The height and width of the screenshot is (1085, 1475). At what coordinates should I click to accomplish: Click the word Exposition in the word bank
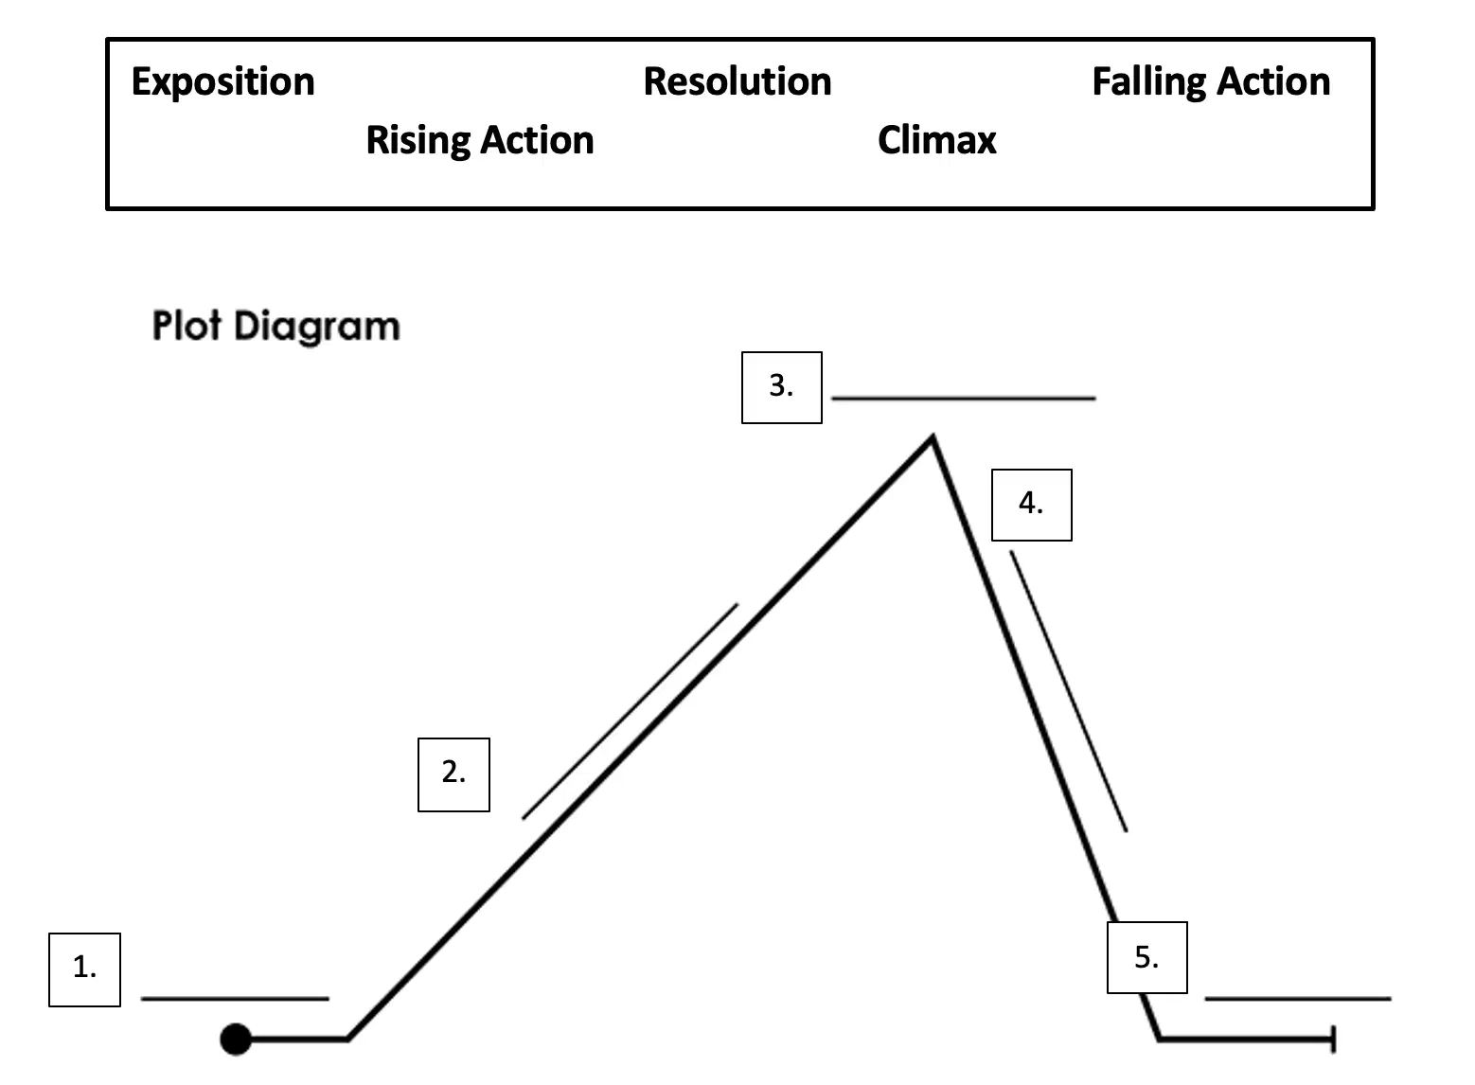point(222,82)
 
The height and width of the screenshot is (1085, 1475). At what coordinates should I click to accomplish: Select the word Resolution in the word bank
point(737,81)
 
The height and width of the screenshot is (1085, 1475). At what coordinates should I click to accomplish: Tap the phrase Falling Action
point(1210,82)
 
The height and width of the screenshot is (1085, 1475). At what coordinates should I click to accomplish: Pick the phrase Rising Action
point(479,141)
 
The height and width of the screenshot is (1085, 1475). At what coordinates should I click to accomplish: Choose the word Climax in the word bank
point(936,140)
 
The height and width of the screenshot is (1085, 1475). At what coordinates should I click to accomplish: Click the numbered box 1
point(84,969)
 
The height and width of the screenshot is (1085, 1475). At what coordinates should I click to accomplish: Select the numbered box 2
point(453,774)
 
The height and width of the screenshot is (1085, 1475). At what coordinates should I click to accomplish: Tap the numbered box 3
point(782,387)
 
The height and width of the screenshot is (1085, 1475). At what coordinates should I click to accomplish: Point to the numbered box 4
point(1031,505)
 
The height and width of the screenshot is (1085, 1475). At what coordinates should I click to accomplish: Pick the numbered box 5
point(1147,957)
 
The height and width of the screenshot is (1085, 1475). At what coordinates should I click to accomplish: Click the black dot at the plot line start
point(236,1039)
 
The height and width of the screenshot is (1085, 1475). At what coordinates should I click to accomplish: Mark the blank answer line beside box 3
point(964,398)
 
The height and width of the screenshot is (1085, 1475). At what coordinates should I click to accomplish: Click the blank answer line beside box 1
point(235,999)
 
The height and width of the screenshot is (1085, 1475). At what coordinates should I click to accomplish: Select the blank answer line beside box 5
point(1298,999)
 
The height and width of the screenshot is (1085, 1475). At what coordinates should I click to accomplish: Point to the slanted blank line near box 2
point(631,710)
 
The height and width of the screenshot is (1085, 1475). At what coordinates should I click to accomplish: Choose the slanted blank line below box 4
point(1068,691)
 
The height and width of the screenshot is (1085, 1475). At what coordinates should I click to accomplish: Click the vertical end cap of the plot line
point(1333,1039)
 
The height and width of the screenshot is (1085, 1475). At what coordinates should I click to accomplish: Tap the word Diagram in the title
point(317,327)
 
